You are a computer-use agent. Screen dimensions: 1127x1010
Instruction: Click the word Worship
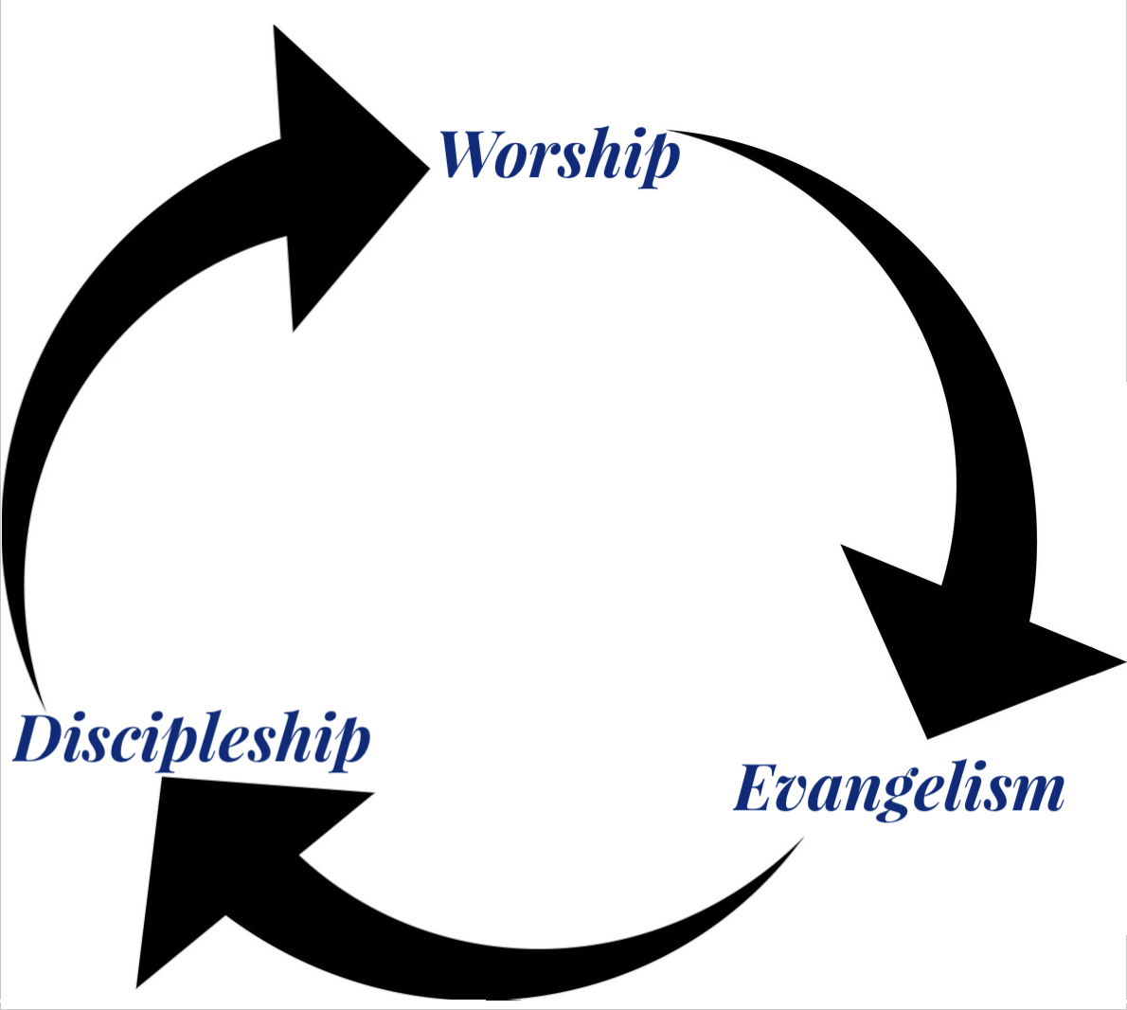click(559, 156)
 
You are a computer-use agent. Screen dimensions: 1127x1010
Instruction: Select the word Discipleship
click(192, 741)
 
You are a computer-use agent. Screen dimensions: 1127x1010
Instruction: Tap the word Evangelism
click(899, 791)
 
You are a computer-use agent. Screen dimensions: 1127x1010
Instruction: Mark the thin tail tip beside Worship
click(669, 131)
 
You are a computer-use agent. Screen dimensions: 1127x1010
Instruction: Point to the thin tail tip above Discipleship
click(44, 706)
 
